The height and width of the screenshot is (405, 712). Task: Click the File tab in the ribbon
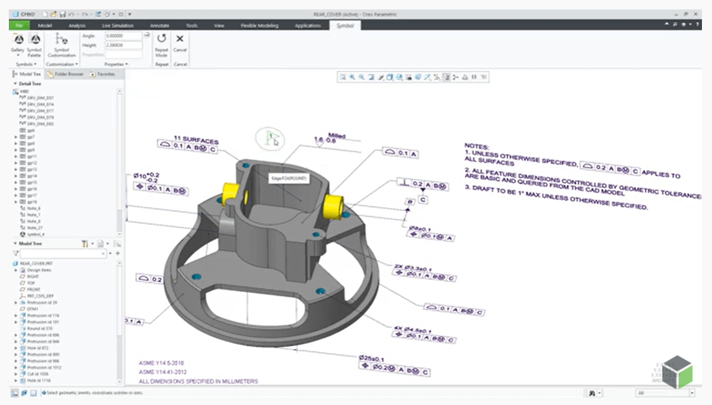coord(19,25)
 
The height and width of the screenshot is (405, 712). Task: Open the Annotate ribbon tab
coord(160,25)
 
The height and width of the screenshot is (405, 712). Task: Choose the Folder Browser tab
coord(66,74)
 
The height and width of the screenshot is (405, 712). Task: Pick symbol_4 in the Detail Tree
coord(36,234)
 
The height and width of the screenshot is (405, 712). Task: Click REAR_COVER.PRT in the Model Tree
coord(33,263)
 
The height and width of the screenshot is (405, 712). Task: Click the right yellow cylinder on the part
coord(334,204)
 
